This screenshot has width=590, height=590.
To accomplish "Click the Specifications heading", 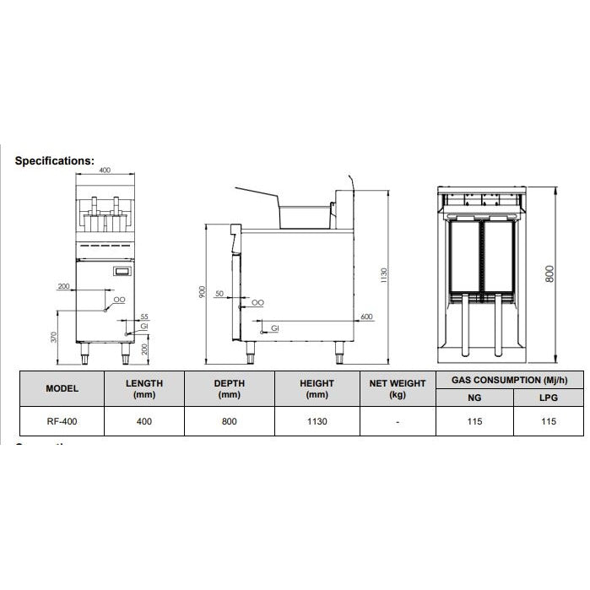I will point(55,160).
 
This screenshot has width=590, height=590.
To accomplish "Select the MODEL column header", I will point(62,388).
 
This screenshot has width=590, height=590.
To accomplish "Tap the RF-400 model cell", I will point(62,421).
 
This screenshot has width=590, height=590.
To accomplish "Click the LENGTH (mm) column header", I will point(143,388).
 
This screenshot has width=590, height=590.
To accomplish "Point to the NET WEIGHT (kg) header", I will point(398,388).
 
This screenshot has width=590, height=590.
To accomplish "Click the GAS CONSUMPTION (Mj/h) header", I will point(510,380).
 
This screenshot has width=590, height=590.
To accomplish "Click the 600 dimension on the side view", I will point(365,317).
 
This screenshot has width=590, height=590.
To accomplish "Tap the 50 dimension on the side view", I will point(219,294).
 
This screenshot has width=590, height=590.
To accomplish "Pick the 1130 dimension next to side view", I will point(384,274).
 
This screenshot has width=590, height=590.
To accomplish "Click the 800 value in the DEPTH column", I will point(229,421).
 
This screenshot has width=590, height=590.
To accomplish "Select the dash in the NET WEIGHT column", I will point(398,421).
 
